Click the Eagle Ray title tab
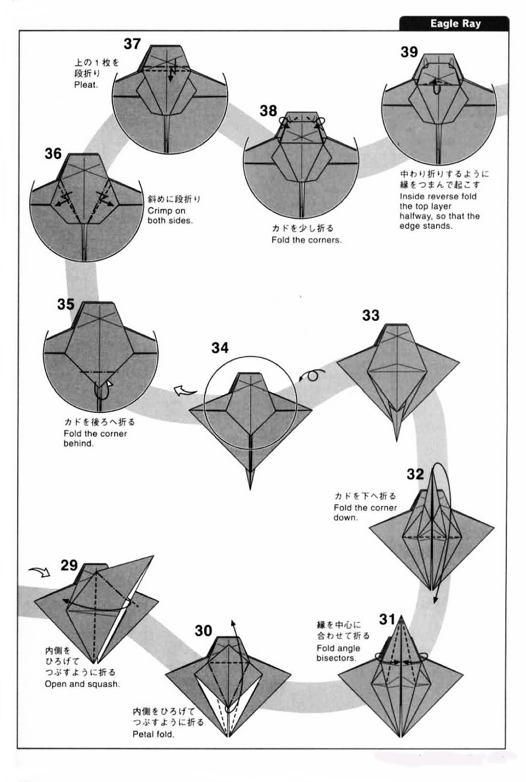[x=455, y=23]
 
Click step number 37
[x=132, y=44]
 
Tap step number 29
[x=69, y=565]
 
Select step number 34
[x=220, y=348]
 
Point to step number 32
[x=415, y=474]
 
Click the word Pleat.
[x=86, y=85]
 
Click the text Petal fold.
[x=153, y=734]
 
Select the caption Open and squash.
[x=82, y=684]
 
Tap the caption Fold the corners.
[x=306, y=240]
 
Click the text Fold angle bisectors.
[x=338, y=653]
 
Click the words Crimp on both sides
[x=170, y=216]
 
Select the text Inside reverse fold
[x=438, y=196]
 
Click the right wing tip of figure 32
[x=493, y=528]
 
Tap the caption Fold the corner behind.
[x=95, y=438]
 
